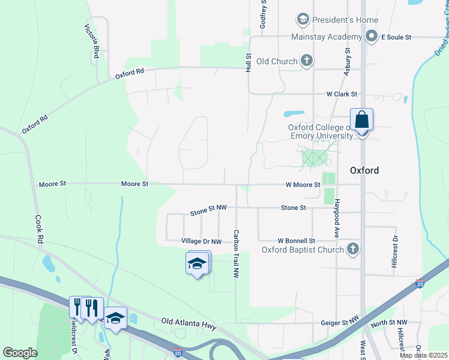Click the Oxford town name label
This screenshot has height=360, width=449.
[364, 170]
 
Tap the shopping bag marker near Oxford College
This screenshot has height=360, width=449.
[362, 121]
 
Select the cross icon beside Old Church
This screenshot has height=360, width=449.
[307, 61]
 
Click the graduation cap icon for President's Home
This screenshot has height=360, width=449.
[304, 20]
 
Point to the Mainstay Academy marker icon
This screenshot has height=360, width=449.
[372, 37]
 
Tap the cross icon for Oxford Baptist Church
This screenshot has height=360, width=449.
[353, 249]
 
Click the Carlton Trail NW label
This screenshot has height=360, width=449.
[236, 254]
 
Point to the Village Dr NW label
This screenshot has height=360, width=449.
[202, 241]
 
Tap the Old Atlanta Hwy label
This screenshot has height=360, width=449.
[188, 322]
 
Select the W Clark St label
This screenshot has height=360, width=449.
[342, 94]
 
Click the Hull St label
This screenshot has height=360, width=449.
[247, 62]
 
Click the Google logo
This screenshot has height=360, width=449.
[20, 353]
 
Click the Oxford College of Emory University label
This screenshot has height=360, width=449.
[320, 131]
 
